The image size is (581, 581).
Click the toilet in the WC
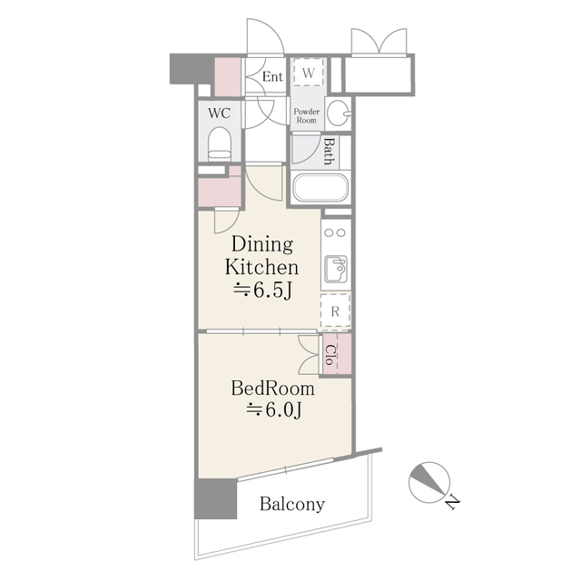[220, 143]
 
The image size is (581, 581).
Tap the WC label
[219, 113]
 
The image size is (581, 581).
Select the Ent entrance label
[272, 76]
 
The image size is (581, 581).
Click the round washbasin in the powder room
[338, 113]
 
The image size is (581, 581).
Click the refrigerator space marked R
[335, 311]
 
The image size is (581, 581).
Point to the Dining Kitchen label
[262, 256]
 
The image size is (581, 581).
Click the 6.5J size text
[262, 291]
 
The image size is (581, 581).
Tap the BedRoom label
[273, 389]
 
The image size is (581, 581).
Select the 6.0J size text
[273, 410]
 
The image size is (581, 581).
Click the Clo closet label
[331, 352]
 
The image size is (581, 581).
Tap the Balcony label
[292, 504]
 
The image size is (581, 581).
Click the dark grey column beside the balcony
[215, 499]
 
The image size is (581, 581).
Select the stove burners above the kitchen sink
[335, 231]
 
